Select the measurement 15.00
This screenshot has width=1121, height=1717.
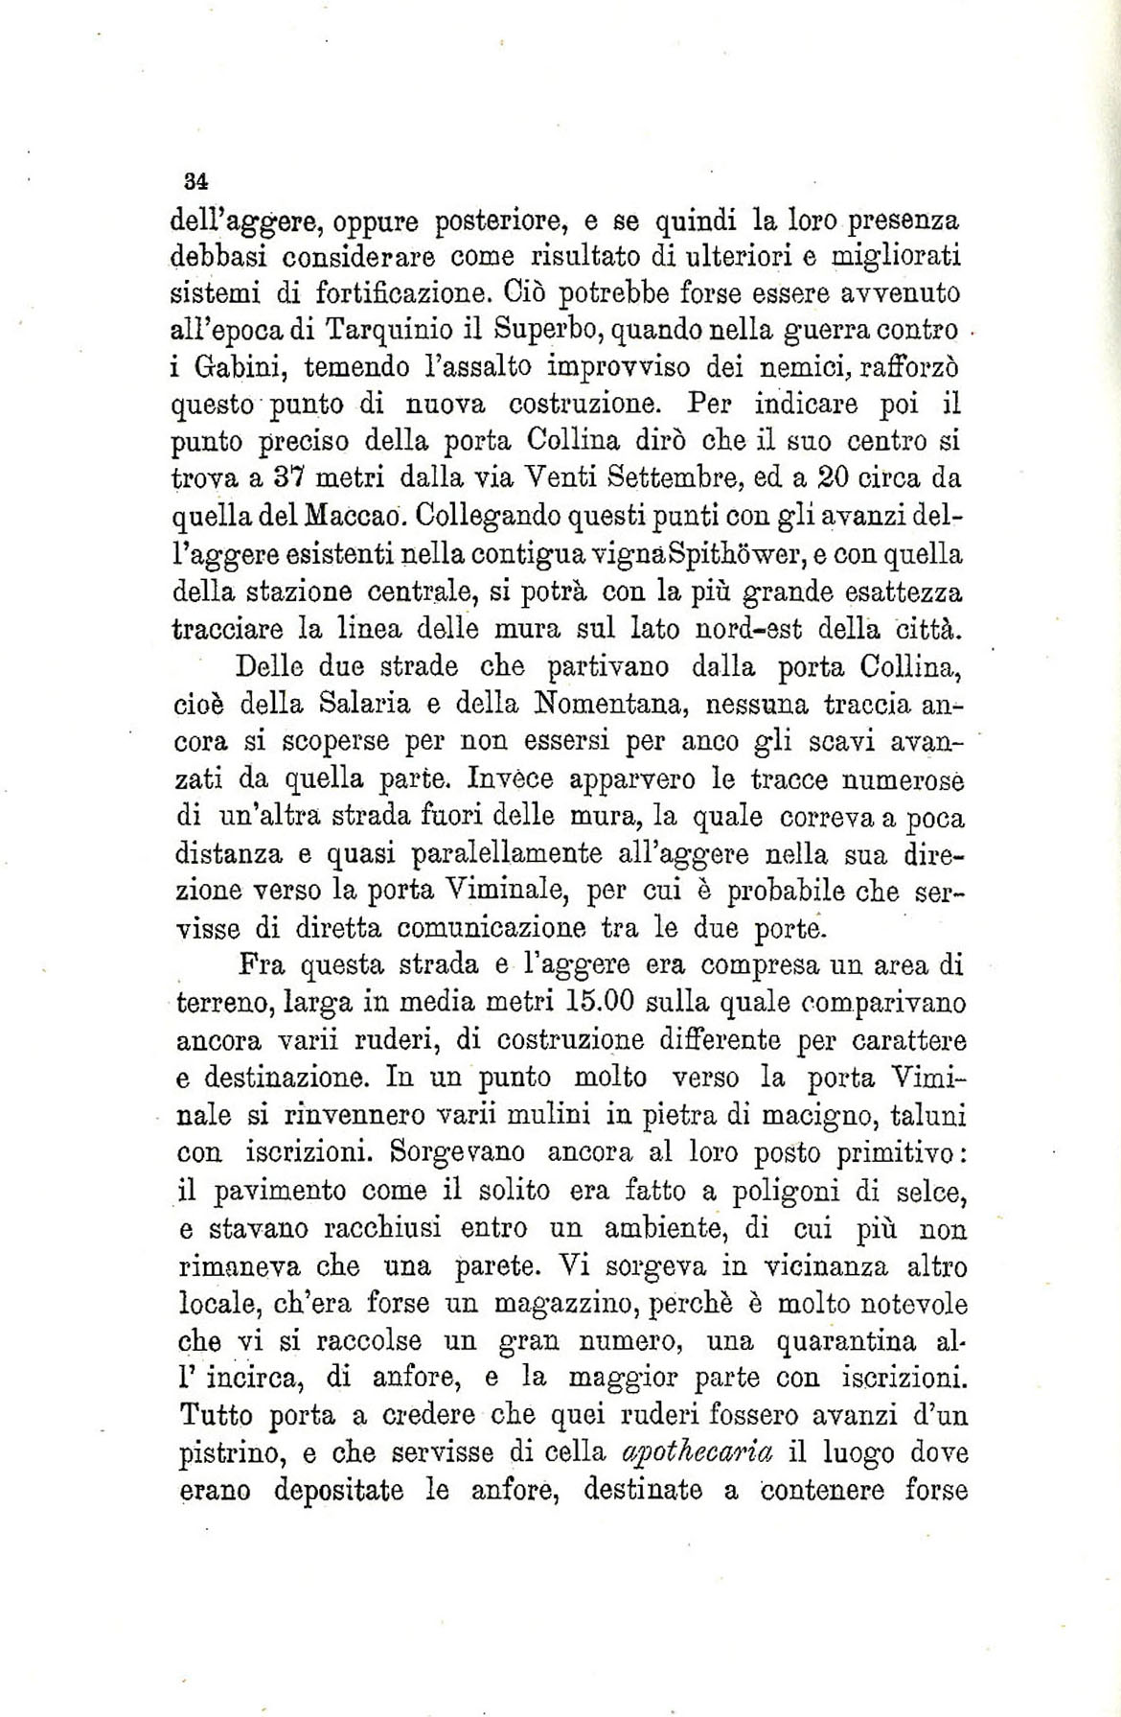tap(596, 1003)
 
